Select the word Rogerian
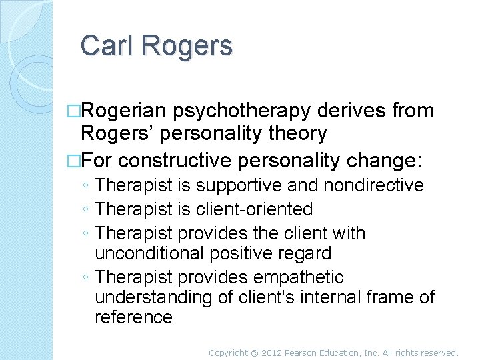click(x=128, y=111)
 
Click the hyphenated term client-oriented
click(x=255, y=209)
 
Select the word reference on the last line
click(x=133, y=317)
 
